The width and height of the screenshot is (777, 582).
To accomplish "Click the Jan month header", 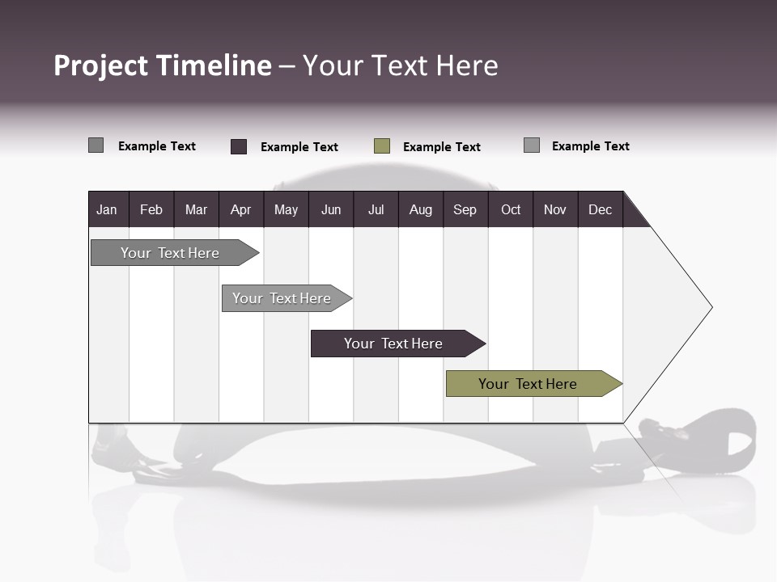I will (108, 209).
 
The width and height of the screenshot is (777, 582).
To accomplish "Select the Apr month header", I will (241, 209).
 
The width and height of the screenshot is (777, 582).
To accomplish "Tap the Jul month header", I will (376, 209).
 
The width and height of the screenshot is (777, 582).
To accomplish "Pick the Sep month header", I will (465, 209).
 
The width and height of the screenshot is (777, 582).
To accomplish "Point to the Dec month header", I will (600, 209).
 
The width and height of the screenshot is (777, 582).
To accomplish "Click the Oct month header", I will (510, 209).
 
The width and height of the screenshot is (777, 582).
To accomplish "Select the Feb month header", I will (151, 209).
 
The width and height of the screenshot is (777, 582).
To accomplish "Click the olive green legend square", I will (382, 146).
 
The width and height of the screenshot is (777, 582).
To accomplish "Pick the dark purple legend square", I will (239, 146).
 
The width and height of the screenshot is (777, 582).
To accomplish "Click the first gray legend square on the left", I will (96, 145).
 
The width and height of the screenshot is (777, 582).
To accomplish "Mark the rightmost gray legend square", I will (532, 145).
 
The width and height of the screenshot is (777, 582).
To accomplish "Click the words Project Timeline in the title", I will (162, 65).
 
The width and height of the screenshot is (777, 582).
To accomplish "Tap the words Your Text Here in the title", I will (401, 65).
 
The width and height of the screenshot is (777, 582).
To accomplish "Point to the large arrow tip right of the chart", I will (680, 307).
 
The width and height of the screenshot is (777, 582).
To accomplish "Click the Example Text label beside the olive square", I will (441, 147).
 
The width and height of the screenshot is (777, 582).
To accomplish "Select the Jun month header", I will (331, 209).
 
